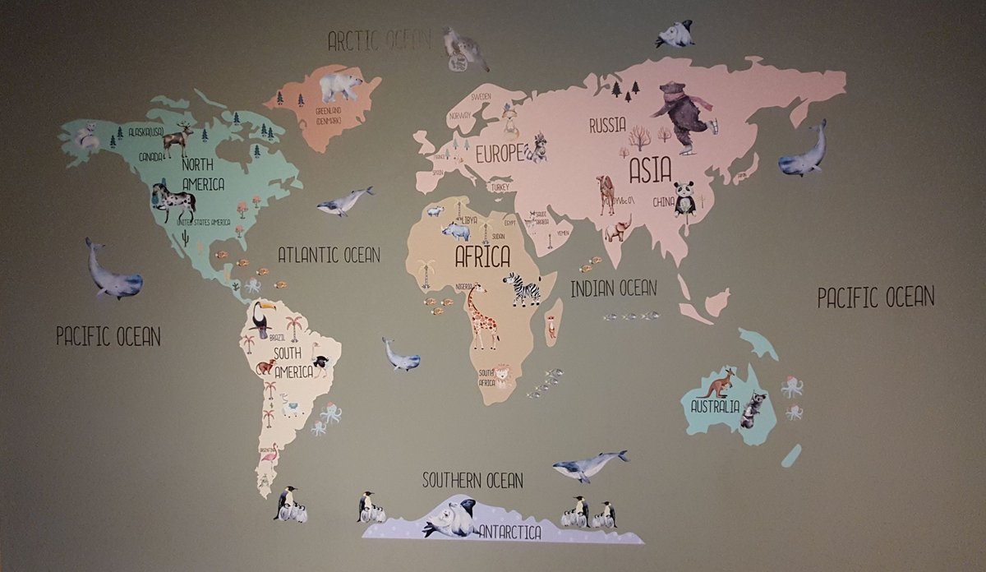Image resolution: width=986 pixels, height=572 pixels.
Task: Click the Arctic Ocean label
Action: point(378,40)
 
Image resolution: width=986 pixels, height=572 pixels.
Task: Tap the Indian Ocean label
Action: point(614,288)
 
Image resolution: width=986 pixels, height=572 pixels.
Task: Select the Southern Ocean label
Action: point(472,480)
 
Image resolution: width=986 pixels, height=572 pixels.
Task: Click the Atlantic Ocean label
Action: point(329,255)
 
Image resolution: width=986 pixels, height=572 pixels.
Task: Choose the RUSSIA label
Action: point(607,127)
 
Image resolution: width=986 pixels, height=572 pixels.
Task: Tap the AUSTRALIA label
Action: point(715,407)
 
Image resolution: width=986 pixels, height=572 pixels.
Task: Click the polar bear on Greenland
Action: point(340,85)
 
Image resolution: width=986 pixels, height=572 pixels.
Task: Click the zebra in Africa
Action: point(523,288)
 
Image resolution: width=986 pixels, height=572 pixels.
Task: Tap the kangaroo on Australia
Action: point(719,382)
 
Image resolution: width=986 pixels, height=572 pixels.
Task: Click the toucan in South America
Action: point(261,320)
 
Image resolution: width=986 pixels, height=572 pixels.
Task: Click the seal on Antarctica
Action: point(450,519)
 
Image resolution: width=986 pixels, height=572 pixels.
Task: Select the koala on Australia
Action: point(753,410)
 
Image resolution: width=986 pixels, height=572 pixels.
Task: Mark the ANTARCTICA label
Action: point(509,533)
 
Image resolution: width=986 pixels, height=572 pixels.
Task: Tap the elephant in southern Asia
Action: point(618,228)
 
